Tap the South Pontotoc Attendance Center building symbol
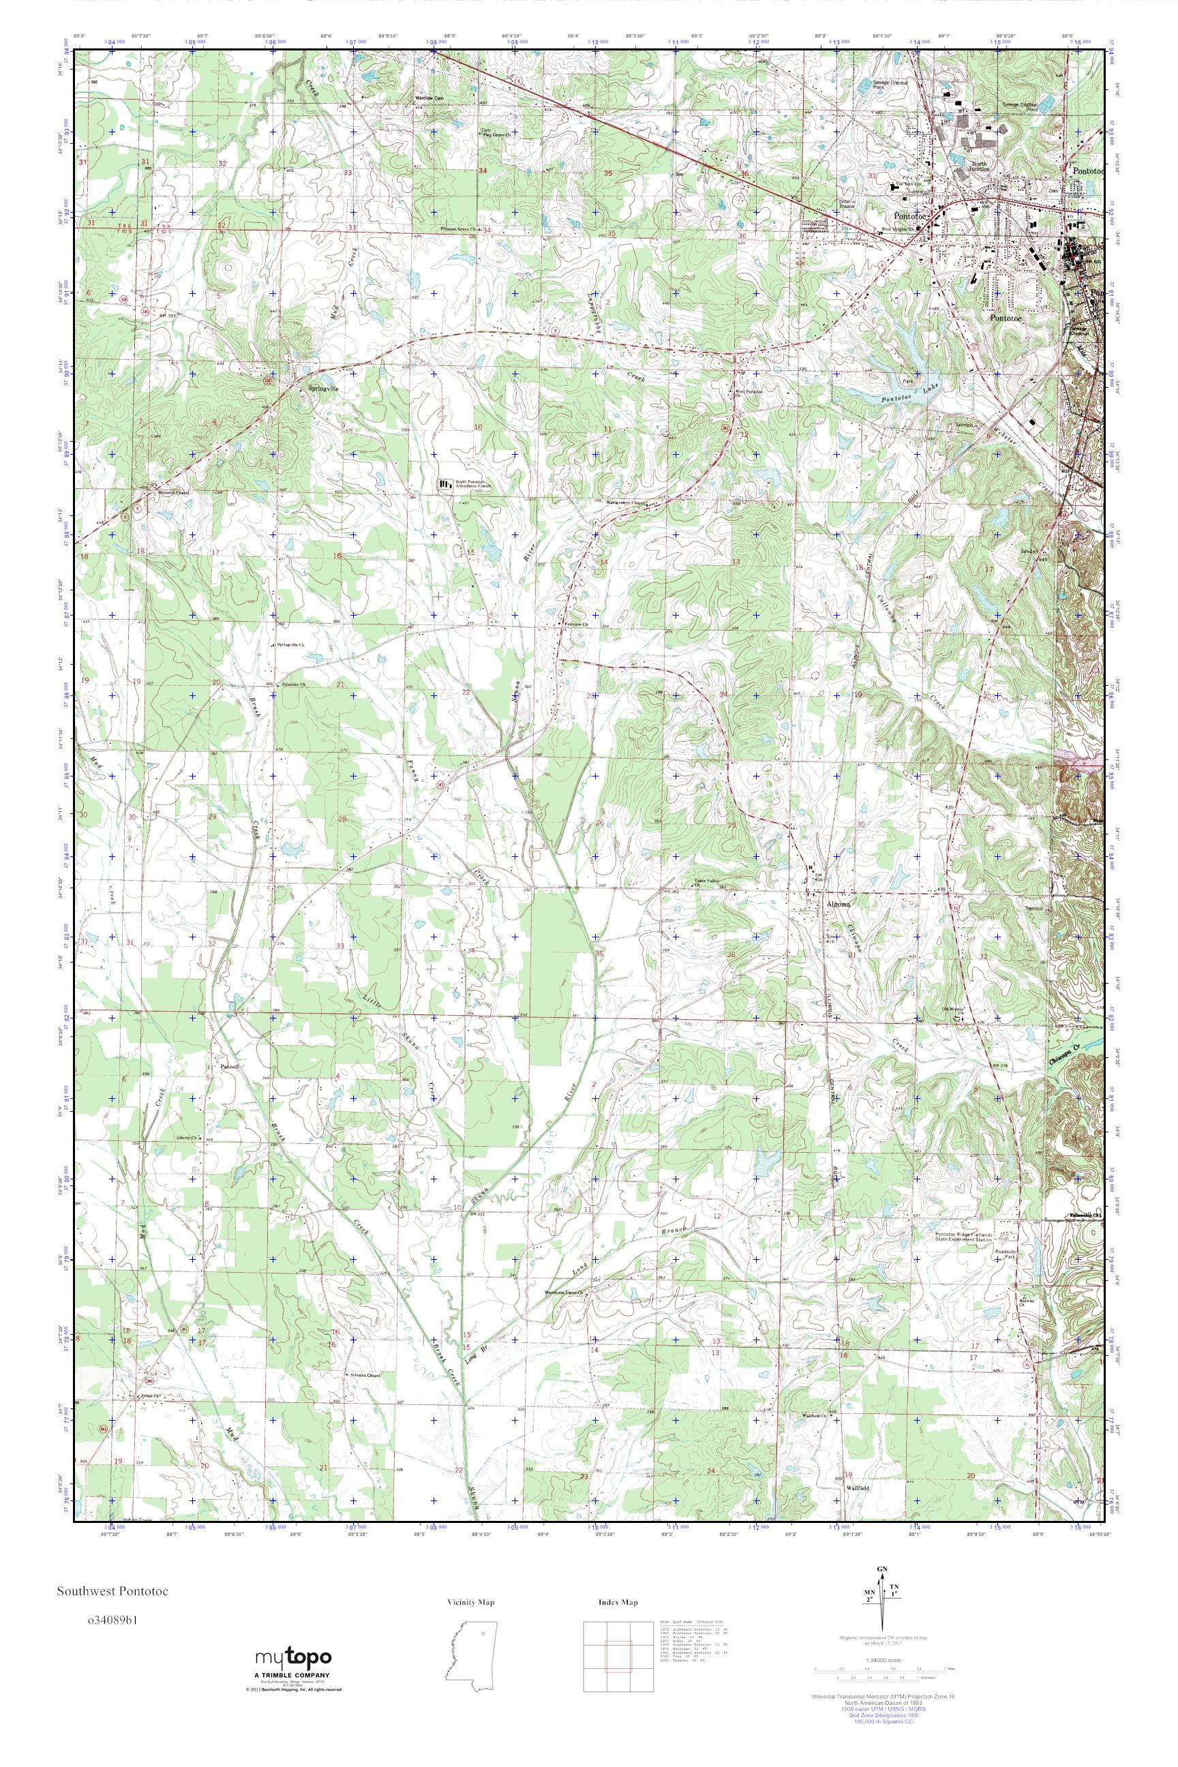click(447, 485)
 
